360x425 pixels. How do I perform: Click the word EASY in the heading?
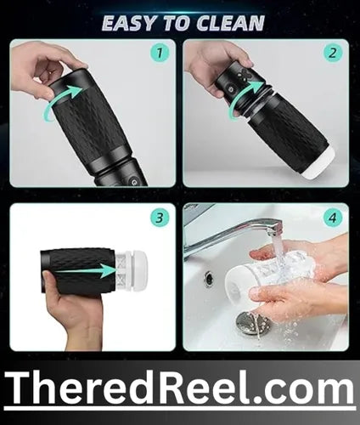[130, 23]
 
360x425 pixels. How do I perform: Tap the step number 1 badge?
[160, 53]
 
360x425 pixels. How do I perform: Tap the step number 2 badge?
[333, 53]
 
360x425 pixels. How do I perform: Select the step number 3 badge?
[160, 218]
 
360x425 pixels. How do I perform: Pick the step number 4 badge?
[333, 218]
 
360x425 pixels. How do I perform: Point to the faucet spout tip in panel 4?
[275, 230]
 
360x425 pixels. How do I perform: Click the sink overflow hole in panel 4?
[210, 278]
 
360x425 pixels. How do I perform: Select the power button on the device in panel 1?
[132, 182]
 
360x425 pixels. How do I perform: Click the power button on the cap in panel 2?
[230, 90]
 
